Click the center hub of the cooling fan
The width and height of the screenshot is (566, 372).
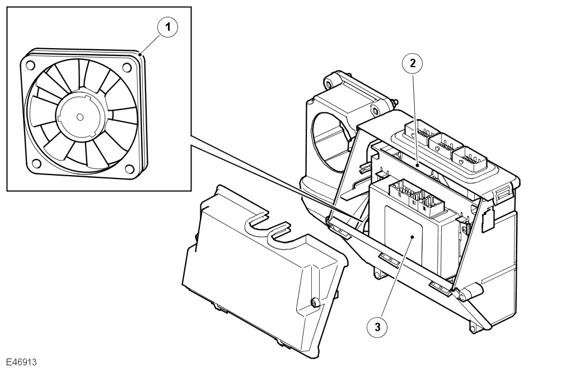79,116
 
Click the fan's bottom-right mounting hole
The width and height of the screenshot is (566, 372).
130,169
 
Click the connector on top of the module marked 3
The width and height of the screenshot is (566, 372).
414,195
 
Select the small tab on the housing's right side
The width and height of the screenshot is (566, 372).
487,220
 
